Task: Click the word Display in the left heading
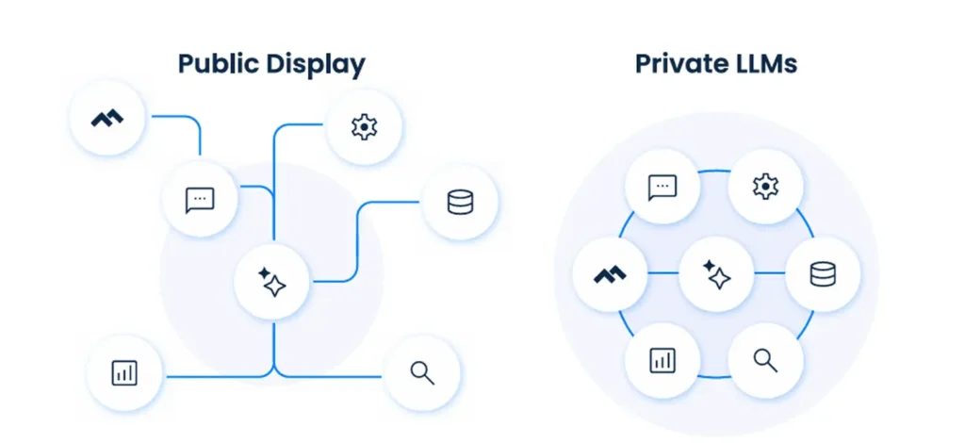point(317,64)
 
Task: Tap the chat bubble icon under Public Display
point(200,199)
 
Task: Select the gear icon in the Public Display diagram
point(364,126)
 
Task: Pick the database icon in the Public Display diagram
point(460,202)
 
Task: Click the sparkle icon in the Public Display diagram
point(272,282)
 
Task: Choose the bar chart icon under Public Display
point(124,372)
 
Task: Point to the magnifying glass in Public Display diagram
point(422,372)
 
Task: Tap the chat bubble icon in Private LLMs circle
point(662,187)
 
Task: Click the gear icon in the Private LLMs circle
point(765,187)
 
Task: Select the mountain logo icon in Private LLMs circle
point(611,274)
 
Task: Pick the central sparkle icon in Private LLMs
point(716,274)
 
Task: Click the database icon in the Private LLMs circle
point(821,274)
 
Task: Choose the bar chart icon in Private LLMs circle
point(662,359)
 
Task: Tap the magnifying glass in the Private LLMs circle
point(765,359)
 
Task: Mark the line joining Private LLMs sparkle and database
point(769,273)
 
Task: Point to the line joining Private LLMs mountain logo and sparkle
point(663,273)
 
